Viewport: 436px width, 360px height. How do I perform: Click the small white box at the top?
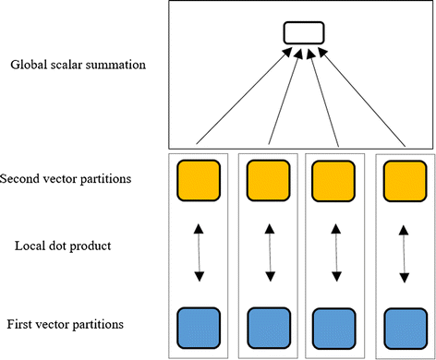coord(303,33)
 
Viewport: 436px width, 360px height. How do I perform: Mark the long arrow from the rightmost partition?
coord(362,97)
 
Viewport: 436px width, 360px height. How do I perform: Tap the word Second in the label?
coord(22,177)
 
